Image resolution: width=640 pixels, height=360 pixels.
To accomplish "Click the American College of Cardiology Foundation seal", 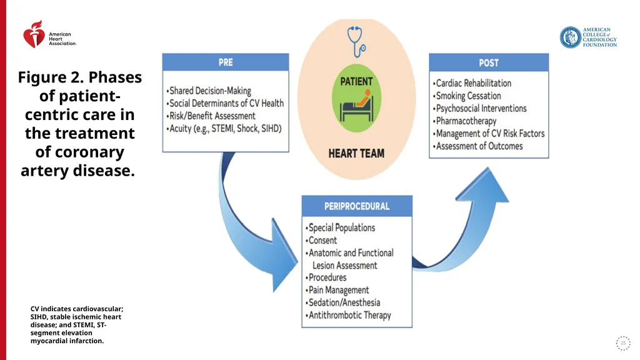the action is click(x=570, y=37).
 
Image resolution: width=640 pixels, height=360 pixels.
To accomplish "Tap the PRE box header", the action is click(x=226, y=62).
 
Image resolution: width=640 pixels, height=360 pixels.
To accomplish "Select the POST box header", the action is click(x=489, y=63).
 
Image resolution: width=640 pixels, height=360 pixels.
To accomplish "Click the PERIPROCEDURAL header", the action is click(x=357, y=206).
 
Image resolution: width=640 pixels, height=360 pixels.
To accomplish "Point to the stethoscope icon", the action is click(x=356, y=42).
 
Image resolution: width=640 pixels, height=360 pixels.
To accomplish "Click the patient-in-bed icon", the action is click(x=357, y=105).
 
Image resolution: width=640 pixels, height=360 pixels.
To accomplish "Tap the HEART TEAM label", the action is click(x=356, y=154).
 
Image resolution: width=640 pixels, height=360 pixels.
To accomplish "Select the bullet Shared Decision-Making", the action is click(x=209, y=91).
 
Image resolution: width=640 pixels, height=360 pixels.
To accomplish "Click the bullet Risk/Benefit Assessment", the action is click(x=211, y=116).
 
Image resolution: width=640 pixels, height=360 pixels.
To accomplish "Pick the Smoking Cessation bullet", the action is click(x=466, y=96).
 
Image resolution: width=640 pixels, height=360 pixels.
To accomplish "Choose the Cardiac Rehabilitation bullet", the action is click(x=472, y=83).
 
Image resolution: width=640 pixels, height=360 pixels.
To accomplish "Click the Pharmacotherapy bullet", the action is click(x=464, y=121).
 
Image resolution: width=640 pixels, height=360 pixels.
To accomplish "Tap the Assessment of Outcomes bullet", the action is click(x=477, y=146).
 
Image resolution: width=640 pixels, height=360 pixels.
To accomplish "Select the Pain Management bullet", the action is click(x=337, y=290).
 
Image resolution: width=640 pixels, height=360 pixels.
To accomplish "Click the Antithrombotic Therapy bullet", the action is click(x=348, y=316).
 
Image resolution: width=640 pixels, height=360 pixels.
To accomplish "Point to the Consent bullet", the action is click(x=321, y=241).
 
